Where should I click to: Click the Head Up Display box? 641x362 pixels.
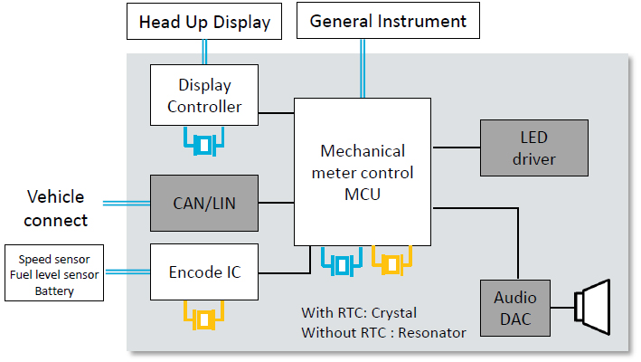204,23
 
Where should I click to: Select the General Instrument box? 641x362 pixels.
388,21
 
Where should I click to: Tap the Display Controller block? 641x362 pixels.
204,96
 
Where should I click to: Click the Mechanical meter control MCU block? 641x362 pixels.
363,170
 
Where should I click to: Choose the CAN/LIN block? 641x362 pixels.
204,203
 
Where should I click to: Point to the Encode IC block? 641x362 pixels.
204,271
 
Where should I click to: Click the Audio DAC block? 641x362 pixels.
514,309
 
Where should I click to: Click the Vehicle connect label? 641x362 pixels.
56,208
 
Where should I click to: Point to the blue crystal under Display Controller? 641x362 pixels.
205,142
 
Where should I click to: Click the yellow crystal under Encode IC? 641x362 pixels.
205,319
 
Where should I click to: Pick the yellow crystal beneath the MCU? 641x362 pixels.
391,264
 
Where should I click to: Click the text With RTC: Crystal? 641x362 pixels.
359,313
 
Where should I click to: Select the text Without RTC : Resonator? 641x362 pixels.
383,332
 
